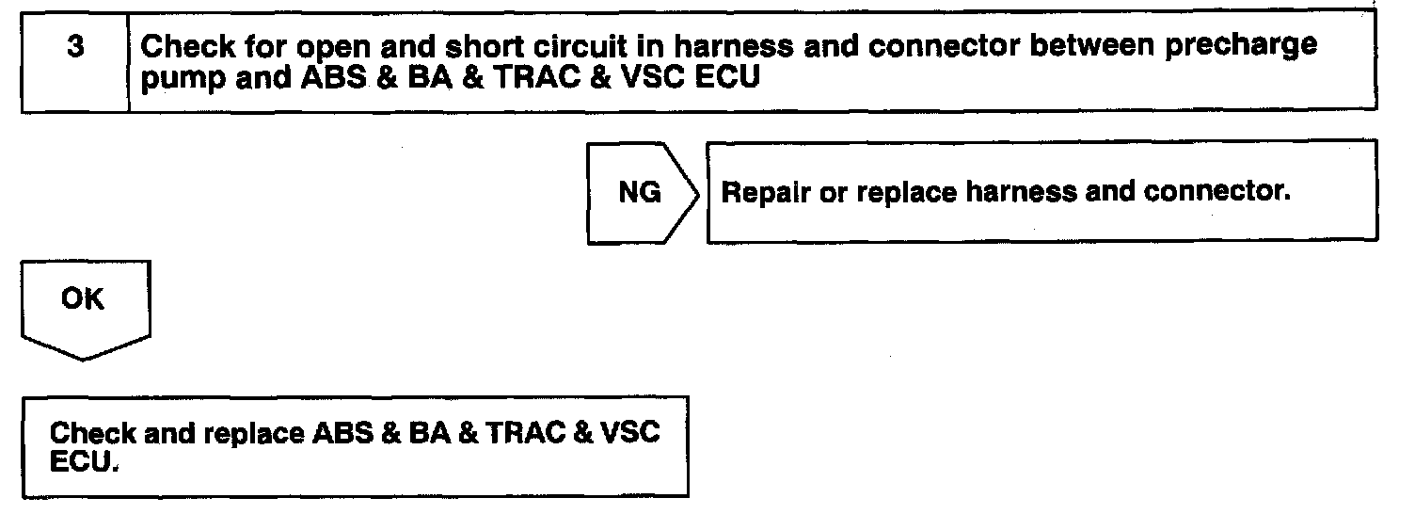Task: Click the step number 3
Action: pyautogui.click(x=74, y=47)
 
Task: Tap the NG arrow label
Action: pyautogui.click(x=639, y=193)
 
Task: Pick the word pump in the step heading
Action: pyautogui.click(x=173, y=81)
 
